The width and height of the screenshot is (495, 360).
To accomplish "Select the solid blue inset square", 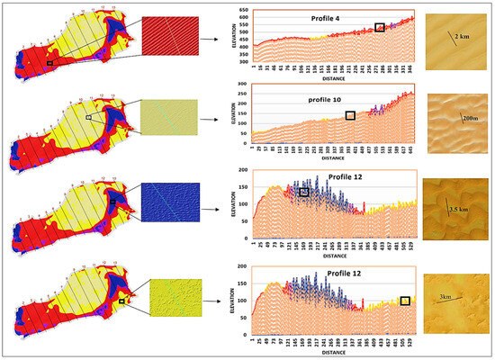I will click(x=166, y=209).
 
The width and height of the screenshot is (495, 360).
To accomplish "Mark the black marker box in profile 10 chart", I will click(x=350, y=115).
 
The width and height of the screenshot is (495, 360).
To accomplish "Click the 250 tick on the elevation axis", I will click(x=242, y=94).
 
